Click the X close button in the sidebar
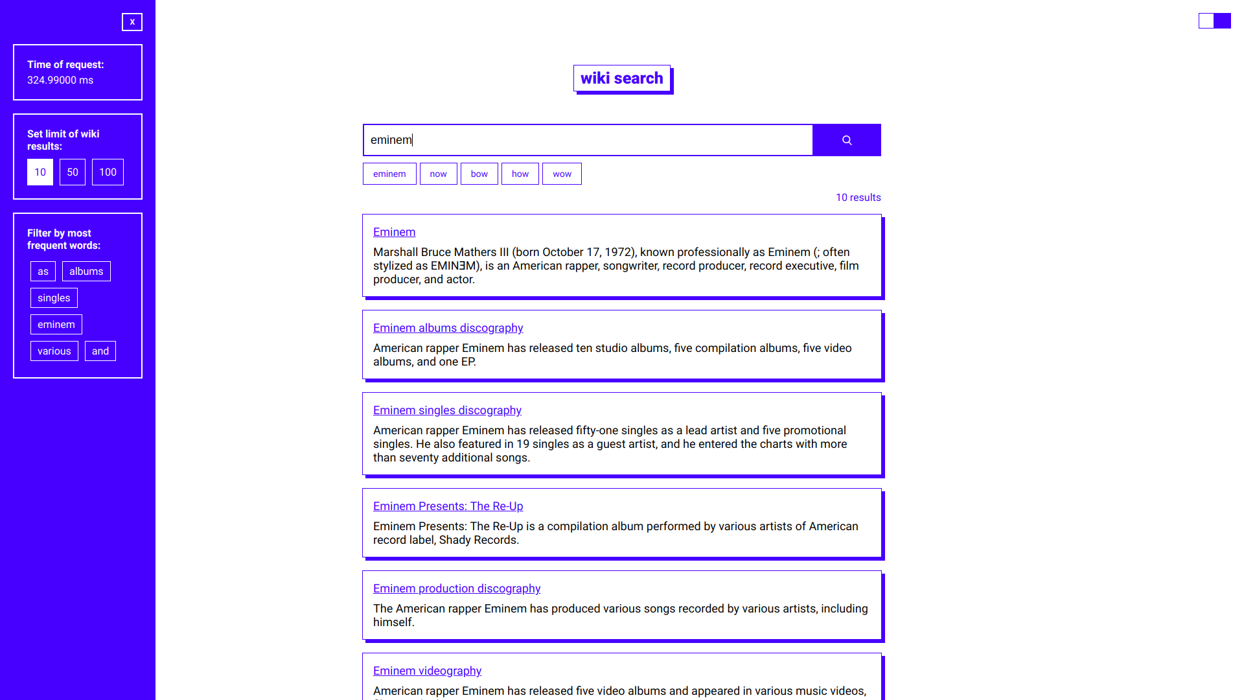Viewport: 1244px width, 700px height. pyautogui.click(x=132, y=22)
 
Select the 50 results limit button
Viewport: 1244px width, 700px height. pyautogui.click(x=73, y=172)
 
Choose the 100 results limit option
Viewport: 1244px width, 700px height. pyautogui.click(x=108, y=172)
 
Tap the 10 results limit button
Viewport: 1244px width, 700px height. pyautogui.click(x=40, y=172)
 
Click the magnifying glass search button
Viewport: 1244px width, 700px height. pyautogui.click(x=846, y=140)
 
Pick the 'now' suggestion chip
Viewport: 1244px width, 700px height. pyautogui.click(x=438, y=174)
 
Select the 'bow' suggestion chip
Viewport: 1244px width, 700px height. pyautogui.click(x=479, y=174)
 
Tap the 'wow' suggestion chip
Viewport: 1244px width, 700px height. pyautogui.click(x=562, y=174)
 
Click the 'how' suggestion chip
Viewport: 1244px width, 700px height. pyautogui.click(x=520, y=174)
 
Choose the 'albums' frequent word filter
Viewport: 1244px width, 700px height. pyautogui.click(x=86, y=272)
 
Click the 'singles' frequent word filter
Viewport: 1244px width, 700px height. pyautogui.click(x=54, y=298)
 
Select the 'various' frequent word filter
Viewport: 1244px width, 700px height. pyautogui.click(x=54, y=351)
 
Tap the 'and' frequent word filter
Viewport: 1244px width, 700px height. pyautogui.click(x=100, y=351)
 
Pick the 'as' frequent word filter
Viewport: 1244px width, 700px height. pyautogui.click(x=43, y=272)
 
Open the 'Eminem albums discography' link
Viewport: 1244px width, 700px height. pyautogui.click(x=448, y=328)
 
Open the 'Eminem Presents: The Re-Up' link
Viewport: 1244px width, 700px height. pyautogui.click(x=448, y=506)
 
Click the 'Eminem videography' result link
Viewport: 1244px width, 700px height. pyautogui.click(x=427, y=671)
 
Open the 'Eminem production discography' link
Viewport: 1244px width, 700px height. pyautogui.click(x=457, y=589)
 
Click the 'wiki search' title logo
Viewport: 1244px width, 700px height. pyautogui.click(x=622, y=78)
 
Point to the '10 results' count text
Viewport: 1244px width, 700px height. pyautogui.click(x=858, y=198)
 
